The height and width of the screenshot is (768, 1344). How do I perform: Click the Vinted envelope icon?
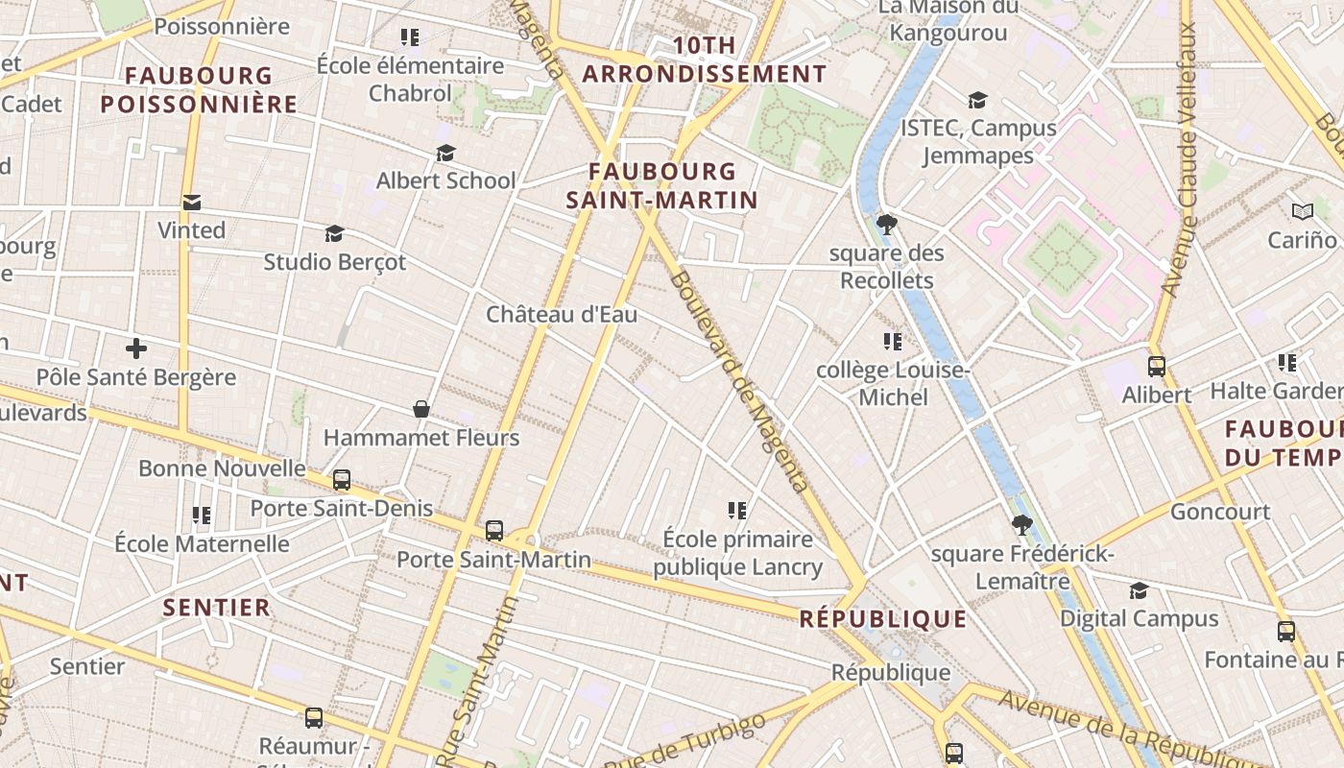coord(192,203)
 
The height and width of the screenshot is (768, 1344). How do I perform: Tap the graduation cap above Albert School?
coord(445,153)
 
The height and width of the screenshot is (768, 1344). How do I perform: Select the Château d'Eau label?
coord(562,314)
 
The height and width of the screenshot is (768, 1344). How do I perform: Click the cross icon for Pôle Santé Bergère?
coord(136,348)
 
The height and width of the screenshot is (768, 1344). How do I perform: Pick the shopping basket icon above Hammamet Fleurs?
coord(420,410)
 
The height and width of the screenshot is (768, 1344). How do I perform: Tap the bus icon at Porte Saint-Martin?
coord(494,530)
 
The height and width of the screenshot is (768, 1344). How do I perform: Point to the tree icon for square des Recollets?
coord(887,225)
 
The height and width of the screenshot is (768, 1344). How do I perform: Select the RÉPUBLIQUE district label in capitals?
coord(883,619)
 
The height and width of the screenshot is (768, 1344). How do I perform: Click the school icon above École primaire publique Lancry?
coord(737,510)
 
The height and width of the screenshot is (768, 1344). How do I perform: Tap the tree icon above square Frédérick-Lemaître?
coord(1022,524)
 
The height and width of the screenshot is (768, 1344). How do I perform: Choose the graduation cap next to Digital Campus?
coord(1139,590)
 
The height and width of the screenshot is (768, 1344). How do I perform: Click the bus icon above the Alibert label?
coord(1157,366)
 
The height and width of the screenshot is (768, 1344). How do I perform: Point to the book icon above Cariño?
coord(1302,211)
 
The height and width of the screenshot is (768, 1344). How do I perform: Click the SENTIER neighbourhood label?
coord(217,608)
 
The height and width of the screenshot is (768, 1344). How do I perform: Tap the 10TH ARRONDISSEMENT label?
coord(705,60)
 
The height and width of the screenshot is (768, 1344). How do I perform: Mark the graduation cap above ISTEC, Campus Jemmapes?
coord(977,100)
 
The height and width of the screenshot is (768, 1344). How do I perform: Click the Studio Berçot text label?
coord(335,262)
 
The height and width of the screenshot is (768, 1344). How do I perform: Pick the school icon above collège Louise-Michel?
coord(893,341)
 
